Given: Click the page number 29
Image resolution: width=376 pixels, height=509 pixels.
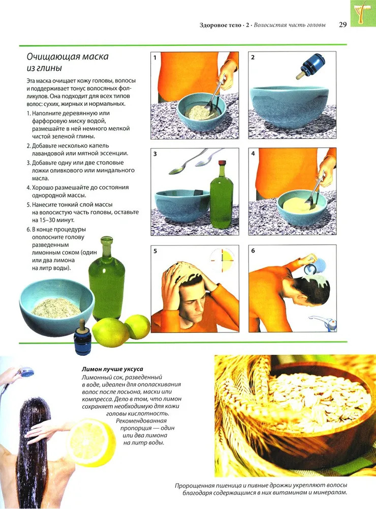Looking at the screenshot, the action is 342,25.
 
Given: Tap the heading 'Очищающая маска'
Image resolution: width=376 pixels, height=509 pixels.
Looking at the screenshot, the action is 68,56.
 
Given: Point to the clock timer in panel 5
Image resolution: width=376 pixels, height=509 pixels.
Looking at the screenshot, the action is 222,260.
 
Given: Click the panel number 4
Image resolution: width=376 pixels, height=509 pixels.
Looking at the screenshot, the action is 253,154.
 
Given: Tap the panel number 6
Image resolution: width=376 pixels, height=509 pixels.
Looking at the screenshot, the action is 253,250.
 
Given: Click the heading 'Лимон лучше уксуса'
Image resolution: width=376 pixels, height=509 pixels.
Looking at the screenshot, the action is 112,369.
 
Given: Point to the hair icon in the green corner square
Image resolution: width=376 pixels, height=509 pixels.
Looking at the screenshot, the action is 363,13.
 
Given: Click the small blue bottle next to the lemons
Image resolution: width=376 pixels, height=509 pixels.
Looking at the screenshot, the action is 82,338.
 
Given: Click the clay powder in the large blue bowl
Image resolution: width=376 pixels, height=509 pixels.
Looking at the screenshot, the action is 56,307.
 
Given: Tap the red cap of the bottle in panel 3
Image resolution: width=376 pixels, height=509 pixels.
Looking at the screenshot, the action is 222,163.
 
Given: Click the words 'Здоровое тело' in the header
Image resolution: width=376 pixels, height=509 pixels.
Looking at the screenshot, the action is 221,25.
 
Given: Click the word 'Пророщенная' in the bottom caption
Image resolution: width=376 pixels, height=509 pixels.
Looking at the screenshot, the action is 195,486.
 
